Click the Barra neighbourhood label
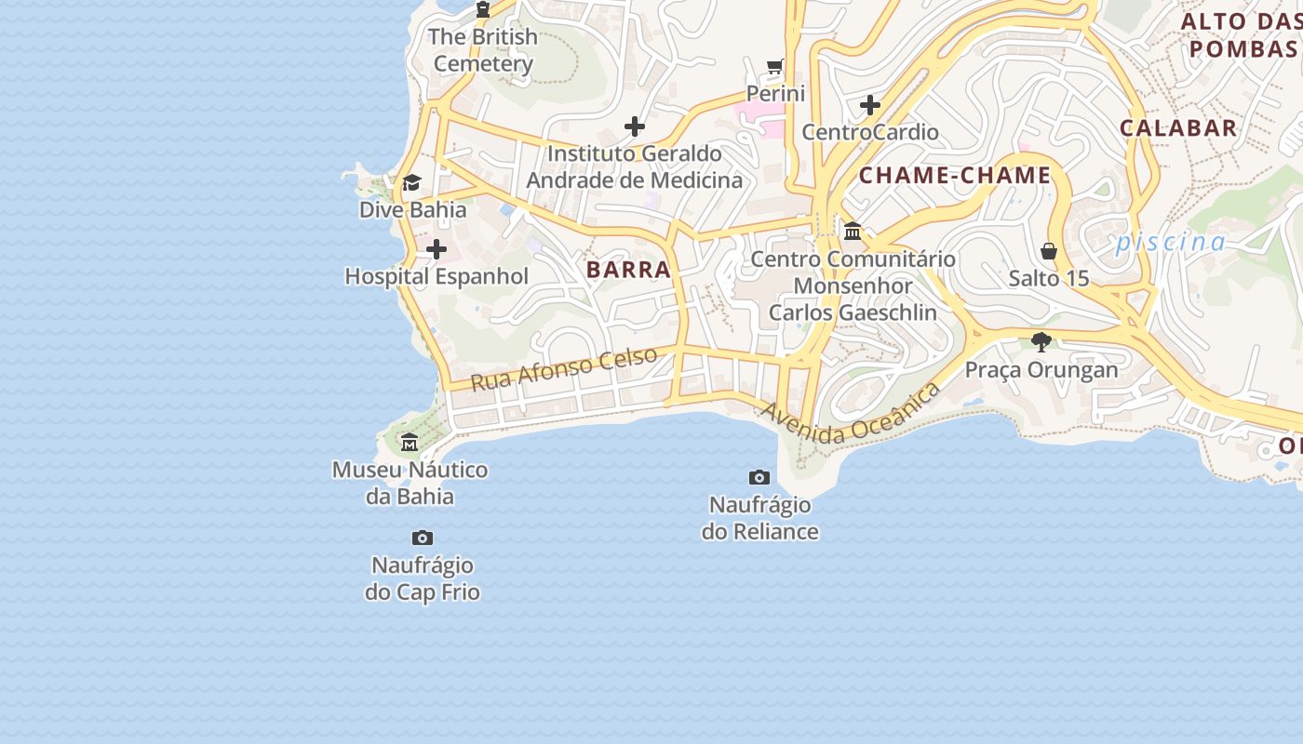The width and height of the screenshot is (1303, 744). (x=628, y=270)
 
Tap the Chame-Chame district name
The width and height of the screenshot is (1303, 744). (x=955, y=175)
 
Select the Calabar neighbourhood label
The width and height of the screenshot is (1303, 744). (x=1178, y=128)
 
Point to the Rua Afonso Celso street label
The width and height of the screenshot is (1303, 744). (x=563, y=369)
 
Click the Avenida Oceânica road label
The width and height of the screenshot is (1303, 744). (x=851, y=414)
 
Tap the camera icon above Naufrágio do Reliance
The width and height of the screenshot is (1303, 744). (x=759, y=477)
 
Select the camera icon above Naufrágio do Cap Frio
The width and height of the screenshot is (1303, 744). (x=423, y=538)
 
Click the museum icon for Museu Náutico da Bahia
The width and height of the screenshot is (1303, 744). (x=410, y=442)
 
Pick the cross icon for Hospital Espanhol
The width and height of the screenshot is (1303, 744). (x=436, y=249)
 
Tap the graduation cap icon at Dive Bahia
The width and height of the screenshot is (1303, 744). (x=411, y=182)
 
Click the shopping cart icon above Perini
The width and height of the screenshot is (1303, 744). (x=775, y=66)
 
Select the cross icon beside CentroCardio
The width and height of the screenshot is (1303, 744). (x=870, y=105)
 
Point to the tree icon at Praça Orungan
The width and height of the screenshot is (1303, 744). (x=1041, y=342)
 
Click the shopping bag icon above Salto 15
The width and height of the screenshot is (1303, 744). (x=1049, y=251)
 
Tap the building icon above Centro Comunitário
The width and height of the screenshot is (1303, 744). (x=853, y=231)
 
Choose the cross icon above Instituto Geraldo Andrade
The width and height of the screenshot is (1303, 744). (x=635, y=126)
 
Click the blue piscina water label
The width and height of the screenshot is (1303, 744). (x=1171, y=243)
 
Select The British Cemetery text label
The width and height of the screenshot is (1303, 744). (x=484, y=50)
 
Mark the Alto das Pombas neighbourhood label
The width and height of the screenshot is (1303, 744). (x=1240, y=34)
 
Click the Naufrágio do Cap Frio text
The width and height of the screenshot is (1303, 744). (x=423, y=578)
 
